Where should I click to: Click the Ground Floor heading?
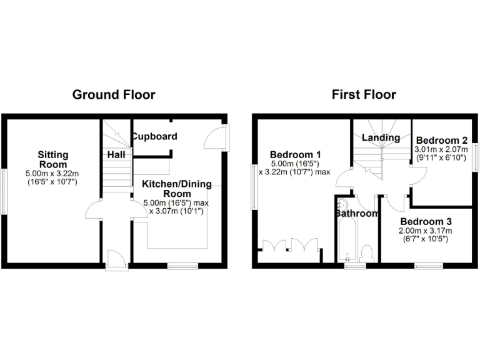pos(114,95)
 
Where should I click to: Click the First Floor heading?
pos(364,95)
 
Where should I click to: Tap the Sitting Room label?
pos(52,159)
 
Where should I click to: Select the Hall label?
pos(116,154)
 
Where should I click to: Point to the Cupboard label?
pos(154,136)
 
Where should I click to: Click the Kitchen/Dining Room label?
pos(177,189)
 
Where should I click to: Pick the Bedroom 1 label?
pos(296,154)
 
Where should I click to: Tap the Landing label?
pos(381,137)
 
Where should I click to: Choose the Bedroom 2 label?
pos(442,140)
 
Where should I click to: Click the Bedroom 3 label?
pos(426,222)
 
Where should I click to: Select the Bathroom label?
pos(356,214)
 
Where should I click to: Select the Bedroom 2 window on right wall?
pos(476,156)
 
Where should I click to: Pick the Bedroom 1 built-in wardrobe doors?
pos(290,246)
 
